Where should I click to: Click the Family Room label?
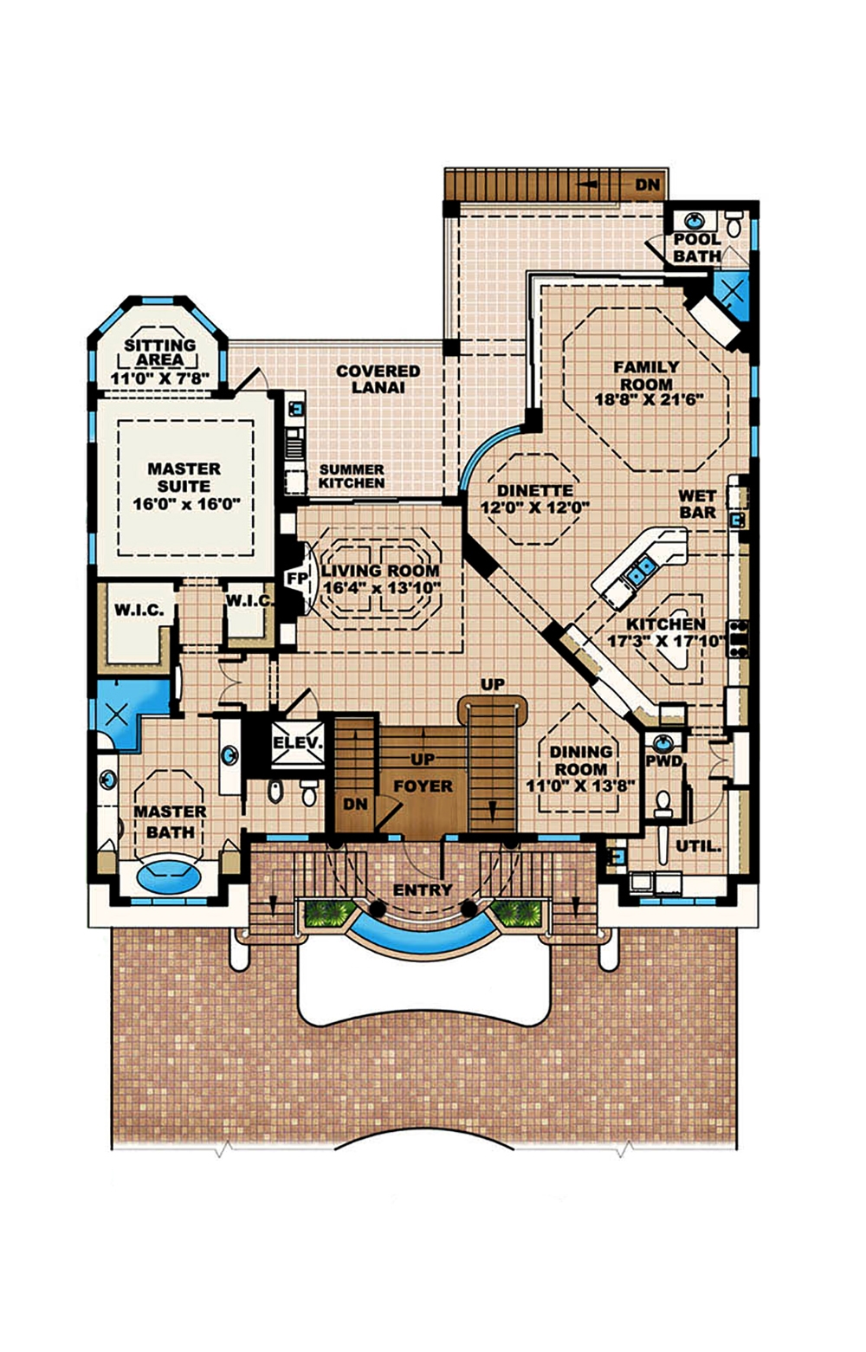pos(646,375)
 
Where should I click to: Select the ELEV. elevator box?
pos(298,743)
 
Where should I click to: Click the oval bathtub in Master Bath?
pos(169,875)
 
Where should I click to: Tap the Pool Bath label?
pos(697,248)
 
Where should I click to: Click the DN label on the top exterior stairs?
pos(647,184)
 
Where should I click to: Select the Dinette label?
pos(534,490)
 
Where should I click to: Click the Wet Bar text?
pos(697,503)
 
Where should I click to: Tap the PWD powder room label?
pos(664,762)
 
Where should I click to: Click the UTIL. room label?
pos(698,846)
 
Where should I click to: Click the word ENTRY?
pos(423,889)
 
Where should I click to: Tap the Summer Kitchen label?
pos(351,475)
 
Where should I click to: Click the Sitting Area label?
pos(160,352)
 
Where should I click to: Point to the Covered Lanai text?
pos(378,378)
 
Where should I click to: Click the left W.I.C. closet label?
pos(139,610)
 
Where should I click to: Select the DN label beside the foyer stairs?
pos(355,804)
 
